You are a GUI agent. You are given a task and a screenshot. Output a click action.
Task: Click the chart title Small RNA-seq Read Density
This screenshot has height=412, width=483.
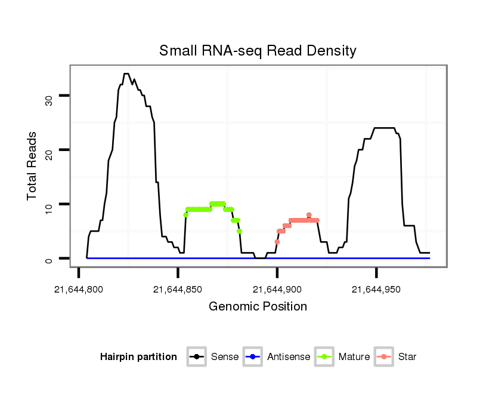coord(258,51)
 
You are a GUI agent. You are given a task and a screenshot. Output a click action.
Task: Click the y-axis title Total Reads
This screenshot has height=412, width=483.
coord(33,166)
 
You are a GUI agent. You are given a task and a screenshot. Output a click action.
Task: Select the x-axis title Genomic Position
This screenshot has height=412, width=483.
coord(258,307)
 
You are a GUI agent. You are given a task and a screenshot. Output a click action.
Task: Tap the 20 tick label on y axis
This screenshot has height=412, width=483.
coord(49,150)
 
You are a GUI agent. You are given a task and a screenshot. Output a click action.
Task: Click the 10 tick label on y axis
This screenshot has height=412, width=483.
coord(49,205)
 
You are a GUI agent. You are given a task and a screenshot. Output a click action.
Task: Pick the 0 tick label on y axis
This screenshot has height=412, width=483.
coord(49,259)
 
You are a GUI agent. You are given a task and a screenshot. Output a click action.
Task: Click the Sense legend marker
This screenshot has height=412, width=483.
coord(196,357)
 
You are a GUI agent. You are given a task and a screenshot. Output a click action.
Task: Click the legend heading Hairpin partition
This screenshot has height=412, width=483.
coord(138,357)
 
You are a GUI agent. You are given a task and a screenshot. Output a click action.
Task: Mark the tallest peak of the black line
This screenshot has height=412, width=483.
coord(126,74)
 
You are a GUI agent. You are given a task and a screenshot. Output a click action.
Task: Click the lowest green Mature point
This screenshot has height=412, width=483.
coord(239,231)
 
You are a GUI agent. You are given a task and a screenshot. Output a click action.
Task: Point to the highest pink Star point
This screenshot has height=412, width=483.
coord(309,214)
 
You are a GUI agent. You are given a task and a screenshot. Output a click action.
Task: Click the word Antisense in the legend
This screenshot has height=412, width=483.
coord(289,357)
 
